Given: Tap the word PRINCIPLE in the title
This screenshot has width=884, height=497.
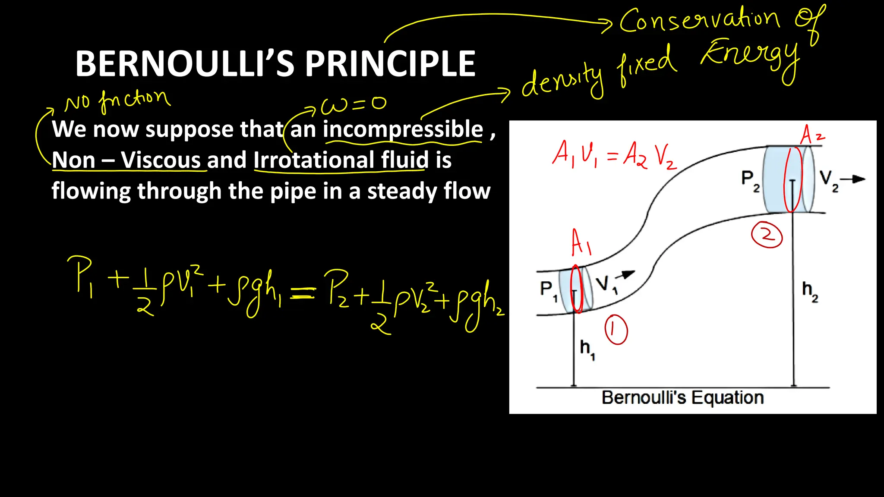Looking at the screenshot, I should click(x=390, y=64).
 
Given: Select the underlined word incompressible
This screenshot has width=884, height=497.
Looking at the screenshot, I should click(x=403, y=129).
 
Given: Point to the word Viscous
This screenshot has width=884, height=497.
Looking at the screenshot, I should click(x=161, y=160).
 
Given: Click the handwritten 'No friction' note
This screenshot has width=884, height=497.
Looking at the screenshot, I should click(x=117, y=100).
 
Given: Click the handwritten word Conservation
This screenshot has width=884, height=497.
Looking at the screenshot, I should click(x=699, y=21).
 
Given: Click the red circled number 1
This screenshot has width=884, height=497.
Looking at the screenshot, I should click(x=616, y=330).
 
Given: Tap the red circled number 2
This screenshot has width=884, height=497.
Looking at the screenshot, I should click(x=767, y=235).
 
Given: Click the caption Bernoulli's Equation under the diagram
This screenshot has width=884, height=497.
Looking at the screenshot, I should click(x=682, y=397).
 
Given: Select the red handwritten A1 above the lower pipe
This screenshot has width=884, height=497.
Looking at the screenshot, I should click(x=581, y=242).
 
